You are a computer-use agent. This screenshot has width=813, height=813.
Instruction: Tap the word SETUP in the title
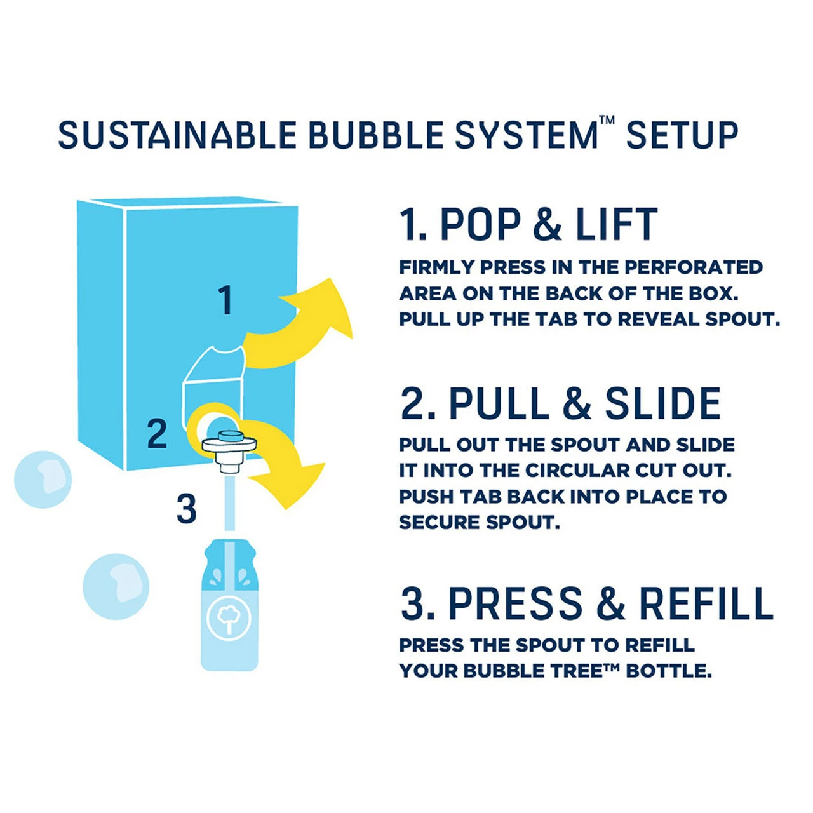(x=682, y=135)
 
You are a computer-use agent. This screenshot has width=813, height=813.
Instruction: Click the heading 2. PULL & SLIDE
(x=561, y=404)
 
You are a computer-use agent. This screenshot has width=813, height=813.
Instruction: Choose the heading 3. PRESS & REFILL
(x=587, y=603)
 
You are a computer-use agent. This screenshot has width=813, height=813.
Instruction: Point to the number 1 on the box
(x=225, y=300)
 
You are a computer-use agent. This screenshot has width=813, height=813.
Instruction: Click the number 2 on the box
(x=157, y=434)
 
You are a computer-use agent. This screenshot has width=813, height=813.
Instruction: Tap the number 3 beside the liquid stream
(x=186, y=509)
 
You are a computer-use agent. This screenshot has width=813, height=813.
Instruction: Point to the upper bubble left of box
(x=43, y=480)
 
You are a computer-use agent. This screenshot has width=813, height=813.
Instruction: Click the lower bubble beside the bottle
(x=116, y=586)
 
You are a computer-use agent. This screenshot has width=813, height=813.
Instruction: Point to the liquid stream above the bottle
(x=229, y=505)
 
